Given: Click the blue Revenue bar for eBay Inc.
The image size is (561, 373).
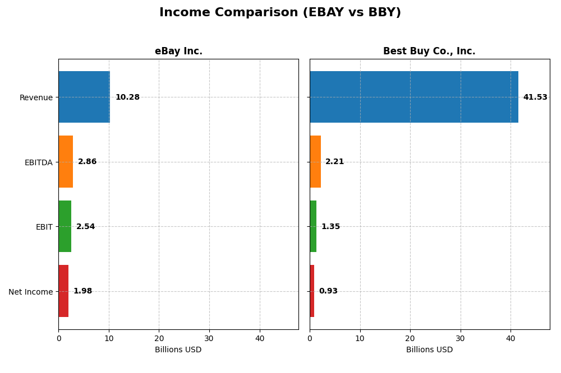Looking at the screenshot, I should click(84, 97).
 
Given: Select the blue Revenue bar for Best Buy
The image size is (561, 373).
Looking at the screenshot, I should click(413, 97).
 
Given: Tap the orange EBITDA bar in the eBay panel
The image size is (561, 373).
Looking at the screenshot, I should click(66, 162).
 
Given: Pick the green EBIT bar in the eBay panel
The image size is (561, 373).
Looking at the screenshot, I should click(65, 226).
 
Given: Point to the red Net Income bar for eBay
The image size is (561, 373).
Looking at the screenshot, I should click(63, 291).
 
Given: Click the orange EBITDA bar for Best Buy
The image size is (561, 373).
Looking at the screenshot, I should click(315, 162).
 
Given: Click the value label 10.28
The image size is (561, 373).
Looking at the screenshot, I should click(127, 97).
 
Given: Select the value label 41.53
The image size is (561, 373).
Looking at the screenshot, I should click(535, 97).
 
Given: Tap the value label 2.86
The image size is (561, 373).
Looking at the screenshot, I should click(87, 162).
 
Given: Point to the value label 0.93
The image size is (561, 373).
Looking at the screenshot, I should click(328, 291).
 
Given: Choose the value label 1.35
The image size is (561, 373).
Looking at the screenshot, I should click(330, 227).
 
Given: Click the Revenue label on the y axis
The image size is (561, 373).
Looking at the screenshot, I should click(36, 98).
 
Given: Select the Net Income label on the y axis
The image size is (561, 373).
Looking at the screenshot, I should click(30, 292).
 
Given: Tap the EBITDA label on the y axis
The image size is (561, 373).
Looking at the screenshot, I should click(38, 162).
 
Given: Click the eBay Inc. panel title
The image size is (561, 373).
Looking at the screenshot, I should click(178, 52).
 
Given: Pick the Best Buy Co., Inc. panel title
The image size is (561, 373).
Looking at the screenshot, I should click(429, 52).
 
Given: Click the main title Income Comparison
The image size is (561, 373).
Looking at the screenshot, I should click(280, 13).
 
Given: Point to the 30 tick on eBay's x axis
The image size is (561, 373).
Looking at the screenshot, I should click(209, 338).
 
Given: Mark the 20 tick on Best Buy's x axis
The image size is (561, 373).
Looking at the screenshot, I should click(410, 338).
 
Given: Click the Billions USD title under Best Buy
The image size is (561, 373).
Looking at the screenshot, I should click(429, 350).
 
